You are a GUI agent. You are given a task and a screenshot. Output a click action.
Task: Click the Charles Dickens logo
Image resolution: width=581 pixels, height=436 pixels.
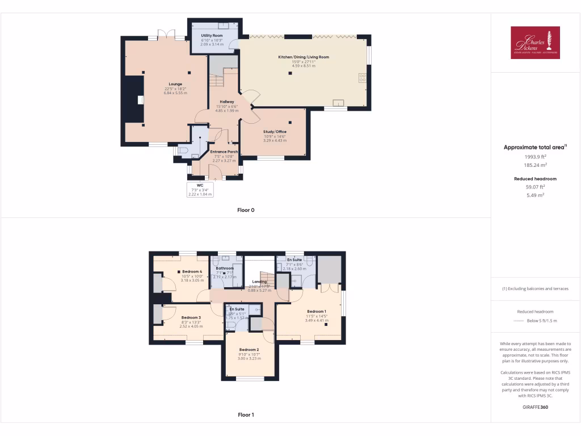(x=535, y=43)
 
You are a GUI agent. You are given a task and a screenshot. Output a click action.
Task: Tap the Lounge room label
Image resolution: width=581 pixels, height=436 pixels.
(x=175, y=84)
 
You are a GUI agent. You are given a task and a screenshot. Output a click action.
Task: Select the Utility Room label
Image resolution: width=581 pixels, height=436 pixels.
(x=212, y=35)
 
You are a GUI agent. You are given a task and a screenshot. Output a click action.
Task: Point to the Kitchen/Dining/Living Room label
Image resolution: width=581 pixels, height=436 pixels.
(x=303, y=57)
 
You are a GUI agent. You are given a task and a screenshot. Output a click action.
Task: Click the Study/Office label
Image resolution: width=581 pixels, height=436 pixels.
(x=275, y=132)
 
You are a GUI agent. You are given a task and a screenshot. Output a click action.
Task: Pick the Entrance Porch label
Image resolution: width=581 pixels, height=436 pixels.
(x=224, y=152)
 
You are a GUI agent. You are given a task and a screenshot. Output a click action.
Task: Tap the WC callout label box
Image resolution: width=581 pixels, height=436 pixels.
(x=200, y=190)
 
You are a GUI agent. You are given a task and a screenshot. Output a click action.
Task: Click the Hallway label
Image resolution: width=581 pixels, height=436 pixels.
(x=227, y=102)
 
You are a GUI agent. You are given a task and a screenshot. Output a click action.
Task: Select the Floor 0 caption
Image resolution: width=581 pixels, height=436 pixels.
(x=246, y=210)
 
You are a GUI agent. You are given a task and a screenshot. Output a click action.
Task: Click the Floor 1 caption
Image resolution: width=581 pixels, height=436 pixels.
(x=246, y=415)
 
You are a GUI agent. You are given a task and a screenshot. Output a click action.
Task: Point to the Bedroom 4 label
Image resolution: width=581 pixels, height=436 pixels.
(x=192, y=272)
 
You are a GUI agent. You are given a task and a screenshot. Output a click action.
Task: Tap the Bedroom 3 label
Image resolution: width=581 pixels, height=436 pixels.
(x=191, y=318)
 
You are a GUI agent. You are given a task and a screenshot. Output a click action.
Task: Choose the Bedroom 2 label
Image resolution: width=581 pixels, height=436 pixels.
(x=249, y=349)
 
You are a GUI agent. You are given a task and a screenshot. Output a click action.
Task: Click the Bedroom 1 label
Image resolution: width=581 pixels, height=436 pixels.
(x=317, y=311)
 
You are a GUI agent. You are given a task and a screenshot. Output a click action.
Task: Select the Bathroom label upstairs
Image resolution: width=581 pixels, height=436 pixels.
(x=225, y=268)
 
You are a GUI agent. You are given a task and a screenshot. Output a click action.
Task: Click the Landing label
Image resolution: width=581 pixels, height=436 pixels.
(x=259, y=282)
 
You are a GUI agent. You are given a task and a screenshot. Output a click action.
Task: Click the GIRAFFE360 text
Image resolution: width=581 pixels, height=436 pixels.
(x=535, y=407)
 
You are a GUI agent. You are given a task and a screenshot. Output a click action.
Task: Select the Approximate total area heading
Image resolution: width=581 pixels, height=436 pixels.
(x=534, y=148)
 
